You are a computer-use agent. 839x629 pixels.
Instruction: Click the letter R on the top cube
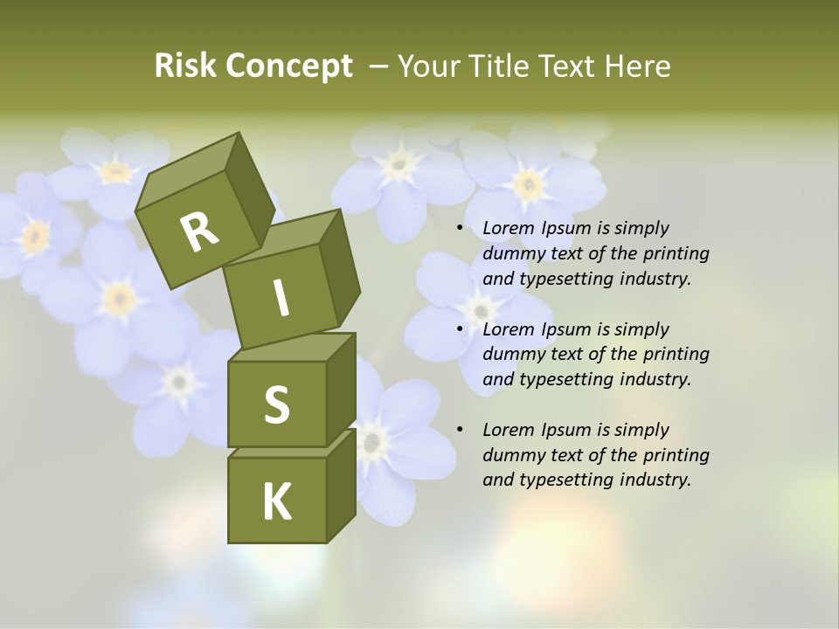click(x=199, y=232)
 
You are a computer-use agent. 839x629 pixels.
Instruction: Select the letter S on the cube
click(x=276, y=404)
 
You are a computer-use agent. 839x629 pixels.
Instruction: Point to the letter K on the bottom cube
click(x=276, y=502)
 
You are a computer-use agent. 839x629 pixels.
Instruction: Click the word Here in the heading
click(x=635, y=66)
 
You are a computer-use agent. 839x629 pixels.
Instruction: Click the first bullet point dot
click(x=460, y=229)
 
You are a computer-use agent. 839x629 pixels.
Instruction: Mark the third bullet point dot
click(x=460, y=431)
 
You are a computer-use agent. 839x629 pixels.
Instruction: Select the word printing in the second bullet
click(x=676, y=355)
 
